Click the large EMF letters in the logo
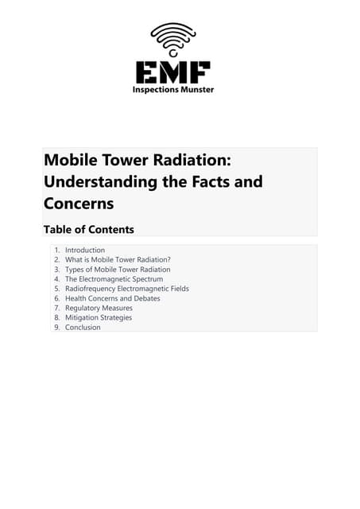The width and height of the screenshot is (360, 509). (172, 72)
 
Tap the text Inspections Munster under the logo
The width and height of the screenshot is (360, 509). (172, 90)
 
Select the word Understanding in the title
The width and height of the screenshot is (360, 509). (88, 181)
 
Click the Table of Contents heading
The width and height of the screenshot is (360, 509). (88, 230)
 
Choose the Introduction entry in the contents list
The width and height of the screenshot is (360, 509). (85, 251)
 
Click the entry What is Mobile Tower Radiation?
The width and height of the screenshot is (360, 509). (118, 260)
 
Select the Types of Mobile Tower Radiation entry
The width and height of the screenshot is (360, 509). (118, 270)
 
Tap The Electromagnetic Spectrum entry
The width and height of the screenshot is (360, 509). (114, 279)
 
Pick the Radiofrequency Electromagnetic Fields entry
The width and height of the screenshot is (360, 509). (127, 289)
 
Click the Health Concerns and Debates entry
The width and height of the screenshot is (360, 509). (112, 298)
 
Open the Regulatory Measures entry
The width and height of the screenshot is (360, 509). (99, 308)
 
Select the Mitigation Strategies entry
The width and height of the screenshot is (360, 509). (99, 317)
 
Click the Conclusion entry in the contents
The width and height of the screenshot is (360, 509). (83, 327)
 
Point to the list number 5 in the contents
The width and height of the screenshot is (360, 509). (56, 289)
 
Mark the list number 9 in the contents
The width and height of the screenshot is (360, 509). (56, 327)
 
